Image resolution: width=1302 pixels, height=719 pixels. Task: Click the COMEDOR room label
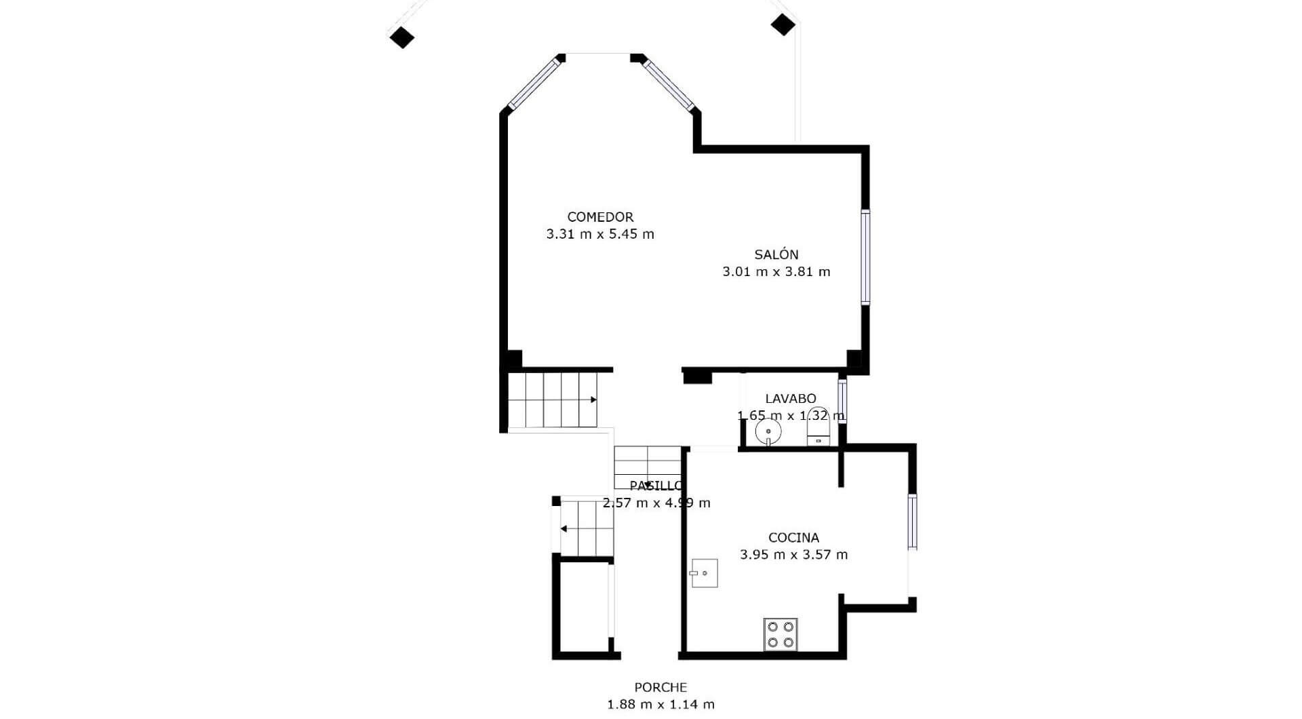point(600,217)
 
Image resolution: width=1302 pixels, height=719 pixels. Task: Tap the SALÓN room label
point(776,254)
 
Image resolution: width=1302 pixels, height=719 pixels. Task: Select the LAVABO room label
point(791,399)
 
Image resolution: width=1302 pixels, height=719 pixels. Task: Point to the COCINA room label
point(793,538)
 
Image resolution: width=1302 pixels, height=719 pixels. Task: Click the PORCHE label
point(660,688)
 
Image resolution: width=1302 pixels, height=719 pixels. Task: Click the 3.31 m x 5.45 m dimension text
point(600,234)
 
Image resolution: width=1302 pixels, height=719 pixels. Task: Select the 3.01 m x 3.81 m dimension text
point(776,271)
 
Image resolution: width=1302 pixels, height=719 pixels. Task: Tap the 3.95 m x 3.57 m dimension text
point(793,555)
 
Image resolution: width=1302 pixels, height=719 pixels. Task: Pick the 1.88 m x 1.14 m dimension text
point(660,705)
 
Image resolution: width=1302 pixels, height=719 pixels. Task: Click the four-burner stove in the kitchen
point(781,634)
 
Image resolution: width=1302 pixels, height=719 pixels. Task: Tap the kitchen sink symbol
point(705,573)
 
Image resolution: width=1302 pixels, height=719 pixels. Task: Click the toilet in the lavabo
point(818,426)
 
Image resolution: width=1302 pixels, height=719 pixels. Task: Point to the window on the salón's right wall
point(865,257)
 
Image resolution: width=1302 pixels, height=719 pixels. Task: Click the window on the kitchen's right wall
point(912,522)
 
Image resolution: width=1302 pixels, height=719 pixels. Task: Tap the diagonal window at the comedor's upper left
point(536,83)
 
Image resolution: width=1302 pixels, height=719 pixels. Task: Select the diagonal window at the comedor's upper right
point(670,85)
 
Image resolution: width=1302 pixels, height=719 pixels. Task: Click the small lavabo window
point(842,402)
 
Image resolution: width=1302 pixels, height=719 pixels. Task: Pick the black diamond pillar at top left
point(402,37)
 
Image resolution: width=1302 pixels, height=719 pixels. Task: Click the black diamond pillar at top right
point(783,24)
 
